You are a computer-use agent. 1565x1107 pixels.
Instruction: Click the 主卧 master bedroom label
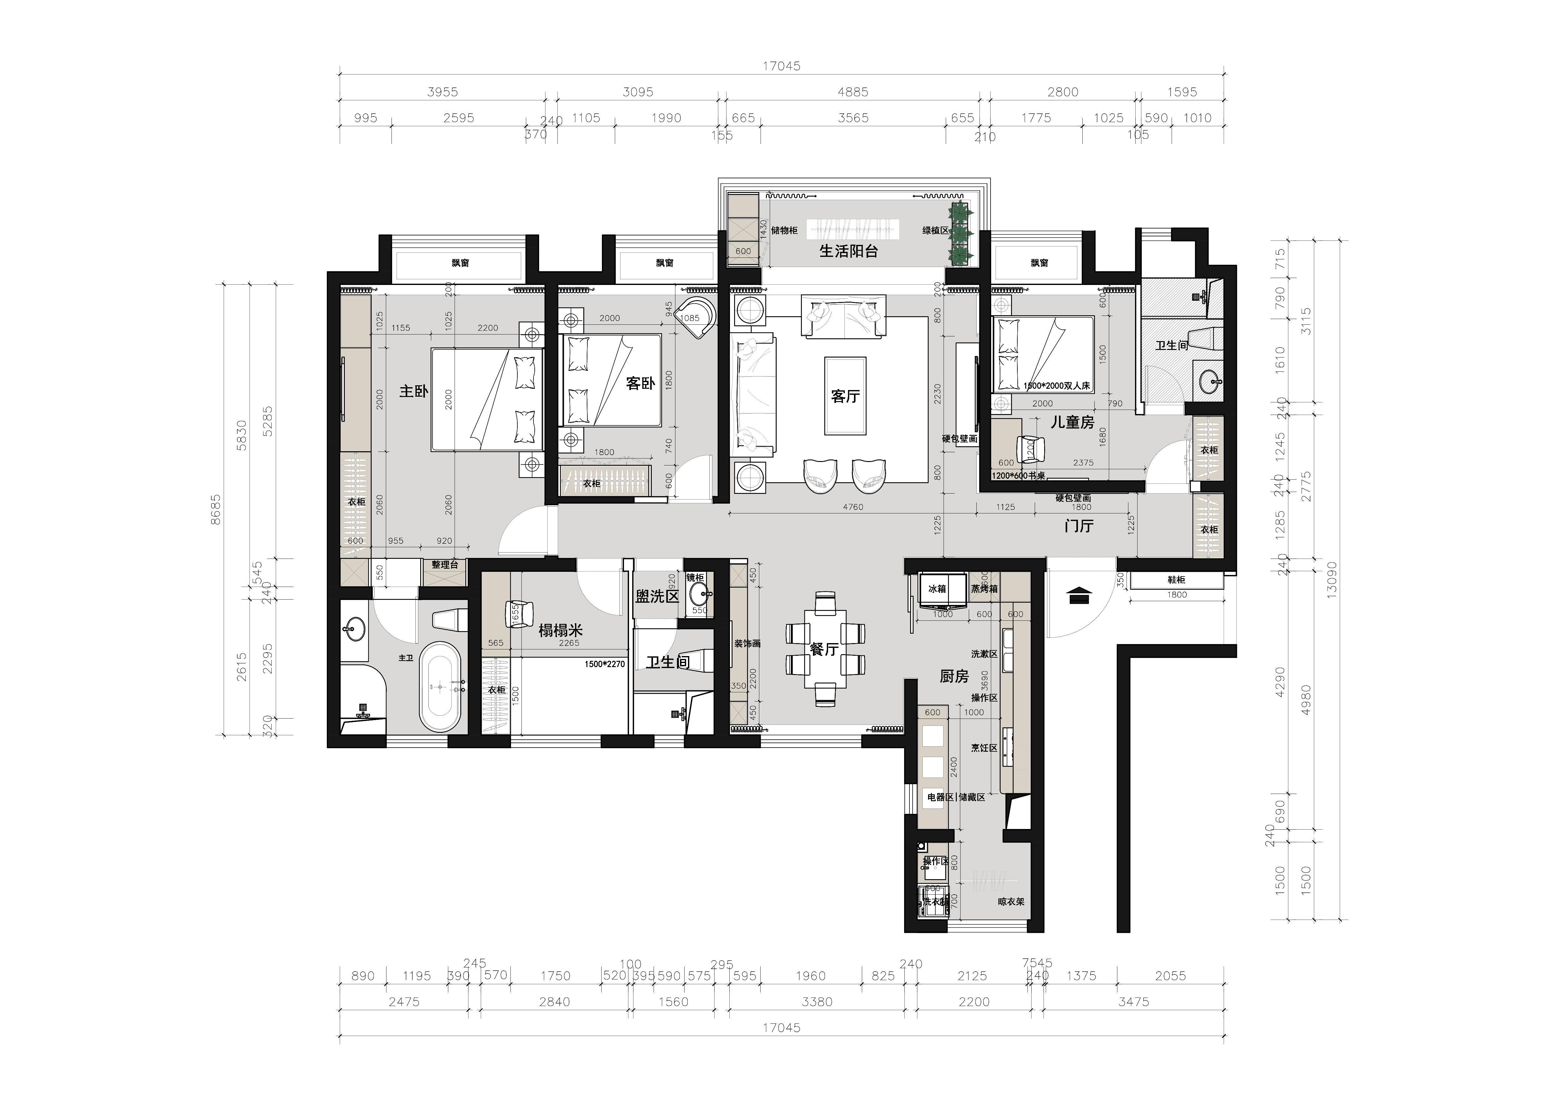coord(414,391)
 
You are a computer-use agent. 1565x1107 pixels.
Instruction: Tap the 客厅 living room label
coord(845,396)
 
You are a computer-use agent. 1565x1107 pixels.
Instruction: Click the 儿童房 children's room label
coord(1072,423)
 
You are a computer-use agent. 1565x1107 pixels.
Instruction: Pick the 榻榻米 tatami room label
coord(560,630)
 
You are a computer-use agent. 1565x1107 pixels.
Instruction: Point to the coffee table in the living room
coord(845,396)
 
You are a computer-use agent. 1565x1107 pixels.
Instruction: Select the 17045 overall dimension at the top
coord(781,66)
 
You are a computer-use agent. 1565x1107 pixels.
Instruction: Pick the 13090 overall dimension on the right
coord(1331,579)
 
